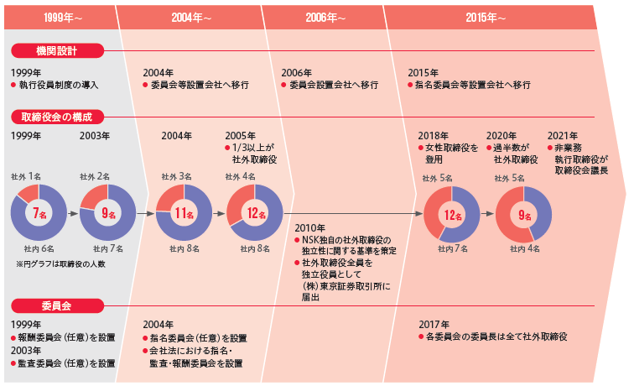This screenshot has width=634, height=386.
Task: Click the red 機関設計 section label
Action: (x=57, y=52)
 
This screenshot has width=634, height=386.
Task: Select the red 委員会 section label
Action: (x=57, y=304)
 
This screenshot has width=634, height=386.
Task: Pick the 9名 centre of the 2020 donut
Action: (x=523, y=215)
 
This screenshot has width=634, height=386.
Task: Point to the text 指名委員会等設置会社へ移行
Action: (x=478, y=85)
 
